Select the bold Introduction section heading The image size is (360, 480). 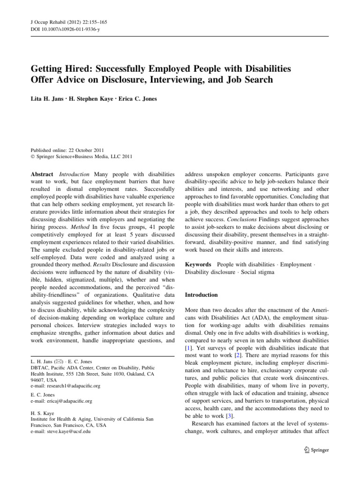tap(201, 295)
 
